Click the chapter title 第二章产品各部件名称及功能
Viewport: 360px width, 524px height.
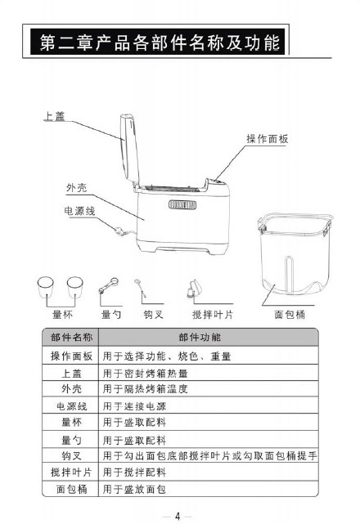click(x=160, y=43)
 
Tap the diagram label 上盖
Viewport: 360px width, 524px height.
click(x=54, y=116)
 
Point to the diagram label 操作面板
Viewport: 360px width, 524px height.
click(x=268, y=139)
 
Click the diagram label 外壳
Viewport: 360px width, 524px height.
click(x=77, y=187)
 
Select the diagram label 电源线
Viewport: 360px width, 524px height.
click(x=79, y=211)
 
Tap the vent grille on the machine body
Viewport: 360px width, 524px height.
click(x=182, y=204)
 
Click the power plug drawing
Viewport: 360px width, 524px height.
click(x=120, y=231)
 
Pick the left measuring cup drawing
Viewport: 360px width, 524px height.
click(x=46, y=287)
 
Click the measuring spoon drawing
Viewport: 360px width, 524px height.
click(x=108, y=286)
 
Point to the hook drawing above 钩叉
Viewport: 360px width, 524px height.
click(x=141, y=288)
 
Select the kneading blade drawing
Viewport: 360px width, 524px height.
click(x=194, y=289)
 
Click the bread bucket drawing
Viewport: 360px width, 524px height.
click(x=295, y=254)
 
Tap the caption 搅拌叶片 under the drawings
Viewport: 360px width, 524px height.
click(x=213, y=315)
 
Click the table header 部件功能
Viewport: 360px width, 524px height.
click(x=200, y=337)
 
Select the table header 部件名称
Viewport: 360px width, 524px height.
click(x=72, y=337)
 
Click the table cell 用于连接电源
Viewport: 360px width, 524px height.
click(x=134, y=406)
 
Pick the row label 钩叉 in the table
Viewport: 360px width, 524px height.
click(x=72, y=456)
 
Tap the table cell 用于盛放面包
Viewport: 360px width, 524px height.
click(x=134, y=489)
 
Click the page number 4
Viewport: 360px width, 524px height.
click(x=178, y=517)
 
